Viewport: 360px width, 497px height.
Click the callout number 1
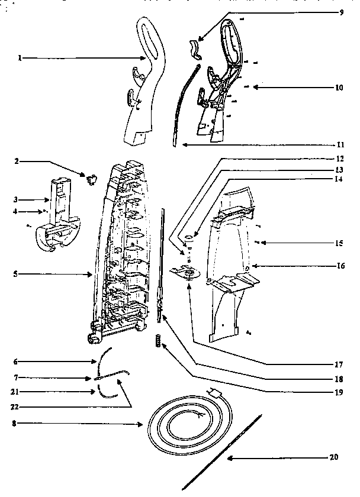[x=20, y=59]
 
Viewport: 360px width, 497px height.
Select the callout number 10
[x=339, y=88]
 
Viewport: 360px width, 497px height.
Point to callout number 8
[x=14, y=424]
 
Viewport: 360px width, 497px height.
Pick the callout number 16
[x=340, y=266]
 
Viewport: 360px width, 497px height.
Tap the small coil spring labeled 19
[x=158, y=341]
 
